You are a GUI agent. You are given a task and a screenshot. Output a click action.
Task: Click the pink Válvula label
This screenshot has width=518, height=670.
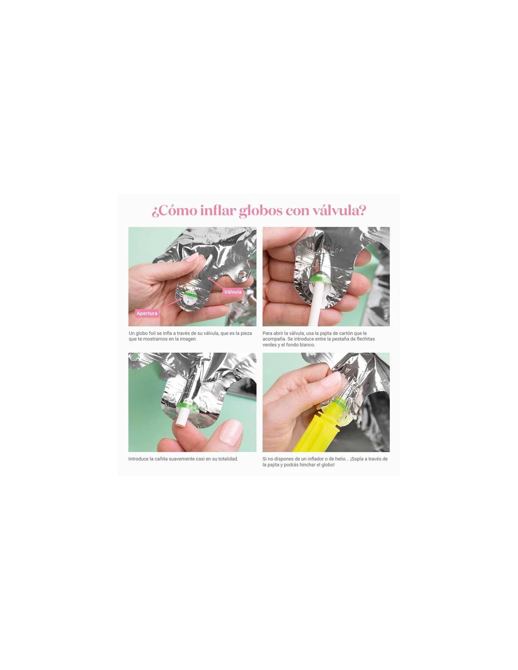[x=233, y=292]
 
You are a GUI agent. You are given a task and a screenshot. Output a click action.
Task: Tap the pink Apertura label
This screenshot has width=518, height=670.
[x=147, y=313]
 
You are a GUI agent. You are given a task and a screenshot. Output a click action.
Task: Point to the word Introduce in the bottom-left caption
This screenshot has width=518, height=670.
[x=138, y=459]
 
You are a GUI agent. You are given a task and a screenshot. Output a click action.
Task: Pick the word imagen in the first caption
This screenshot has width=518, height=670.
[x=187, y=339]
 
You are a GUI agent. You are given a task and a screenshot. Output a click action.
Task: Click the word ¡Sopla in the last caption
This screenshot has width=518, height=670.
[x=358, y=459]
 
